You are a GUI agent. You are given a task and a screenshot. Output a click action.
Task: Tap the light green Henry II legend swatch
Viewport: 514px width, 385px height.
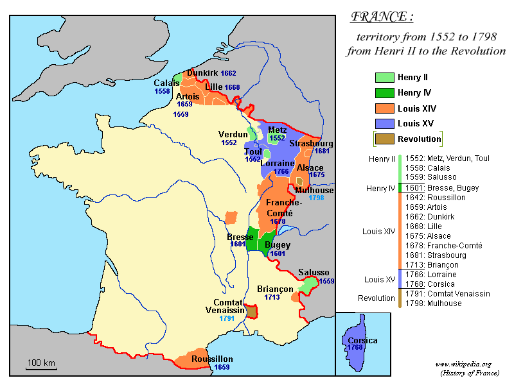[x=384, y=78]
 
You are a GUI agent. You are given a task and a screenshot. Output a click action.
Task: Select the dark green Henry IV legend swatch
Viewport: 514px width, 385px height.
[x=384, y=93]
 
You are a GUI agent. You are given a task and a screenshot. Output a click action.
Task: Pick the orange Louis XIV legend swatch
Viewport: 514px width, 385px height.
[x=384, y=108]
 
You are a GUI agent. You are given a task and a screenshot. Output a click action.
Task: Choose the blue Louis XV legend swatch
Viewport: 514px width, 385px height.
[x=384, y=124]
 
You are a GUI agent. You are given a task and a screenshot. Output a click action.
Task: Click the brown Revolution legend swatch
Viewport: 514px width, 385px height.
[x=384, y=139]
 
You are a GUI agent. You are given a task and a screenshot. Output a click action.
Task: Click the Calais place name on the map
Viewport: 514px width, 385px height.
[x=166, y=83]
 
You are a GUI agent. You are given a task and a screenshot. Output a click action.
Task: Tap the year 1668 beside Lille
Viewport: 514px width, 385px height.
[x=232, y=87]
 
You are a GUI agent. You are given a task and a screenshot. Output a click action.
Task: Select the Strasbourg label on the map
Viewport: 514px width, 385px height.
[x=310, y=143]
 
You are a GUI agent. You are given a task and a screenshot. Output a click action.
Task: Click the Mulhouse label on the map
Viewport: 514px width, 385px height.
[x=314, y=190]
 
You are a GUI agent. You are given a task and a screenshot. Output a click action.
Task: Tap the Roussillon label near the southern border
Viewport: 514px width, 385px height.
[x=212, y=359]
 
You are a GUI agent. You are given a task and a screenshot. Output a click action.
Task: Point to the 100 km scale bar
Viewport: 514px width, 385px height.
[x=41, y=368]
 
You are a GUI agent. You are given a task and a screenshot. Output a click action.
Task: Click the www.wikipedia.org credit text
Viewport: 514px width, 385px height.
[x=463, y=364]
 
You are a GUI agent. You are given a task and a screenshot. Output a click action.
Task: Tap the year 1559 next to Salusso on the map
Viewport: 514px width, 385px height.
[x=326, y=281]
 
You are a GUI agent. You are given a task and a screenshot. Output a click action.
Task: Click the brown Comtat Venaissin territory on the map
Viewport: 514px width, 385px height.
[x=252, y=312]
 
